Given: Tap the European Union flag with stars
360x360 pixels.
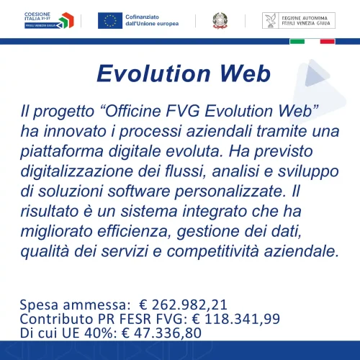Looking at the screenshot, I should pyautogui.click(x=110, y=20).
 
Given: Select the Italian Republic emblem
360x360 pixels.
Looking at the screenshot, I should pyautogui.click(x=218, y=20).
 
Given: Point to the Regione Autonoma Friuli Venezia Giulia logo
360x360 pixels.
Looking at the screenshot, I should pyautogui.click(x=298, y=20).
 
